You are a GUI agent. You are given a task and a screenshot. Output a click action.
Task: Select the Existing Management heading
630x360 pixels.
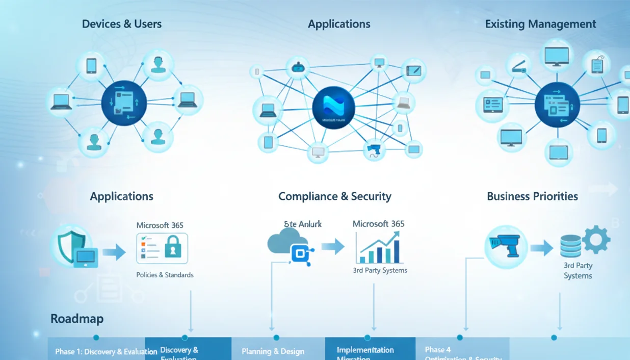coord(540,24)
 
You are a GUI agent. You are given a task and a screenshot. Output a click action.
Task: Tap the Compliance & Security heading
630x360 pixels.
coord(334,196)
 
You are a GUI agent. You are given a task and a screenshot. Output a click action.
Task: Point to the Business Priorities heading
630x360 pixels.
coord(532,196)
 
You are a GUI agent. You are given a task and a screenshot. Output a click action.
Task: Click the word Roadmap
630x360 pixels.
coord(77,319)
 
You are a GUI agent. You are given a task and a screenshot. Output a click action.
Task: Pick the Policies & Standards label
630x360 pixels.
coord(165,275)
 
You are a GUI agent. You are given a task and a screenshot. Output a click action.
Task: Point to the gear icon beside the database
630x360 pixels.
coord(595,240)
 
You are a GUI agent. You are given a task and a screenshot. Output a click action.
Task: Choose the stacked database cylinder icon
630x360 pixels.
coord(570,246)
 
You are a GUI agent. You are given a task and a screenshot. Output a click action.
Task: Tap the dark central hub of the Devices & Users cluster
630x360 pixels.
coord(124,102)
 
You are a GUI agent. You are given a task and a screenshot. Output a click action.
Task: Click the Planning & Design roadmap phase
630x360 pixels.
coord(273,351)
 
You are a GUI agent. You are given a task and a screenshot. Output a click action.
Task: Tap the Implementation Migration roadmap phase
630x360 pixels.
coord(365,352)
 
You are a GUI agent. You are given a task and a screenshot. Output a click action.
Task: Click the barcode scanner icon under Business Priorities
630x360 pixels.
coord(505,244)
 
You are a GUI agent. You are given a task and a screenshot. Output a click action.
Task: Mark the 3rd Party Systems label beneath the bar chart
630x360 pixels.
coord(380,270)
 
